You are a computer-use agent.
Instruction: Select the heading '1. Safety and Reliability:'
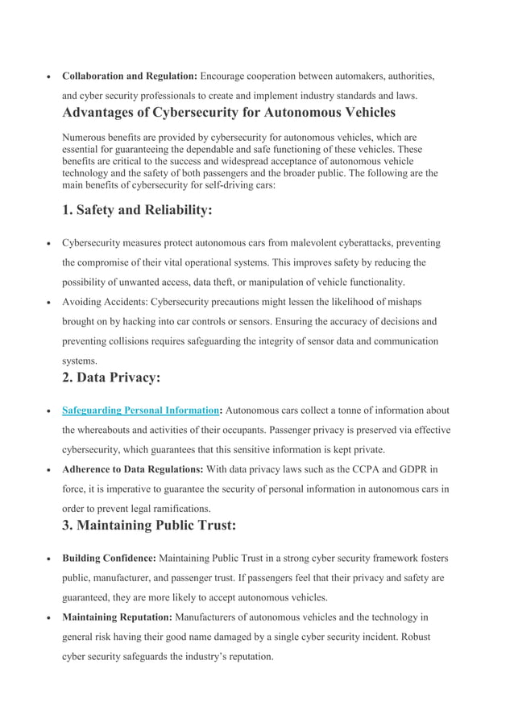(x=138, y=210)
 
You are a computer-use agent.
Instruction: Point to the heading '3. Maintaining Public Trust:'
(x=149, y=526)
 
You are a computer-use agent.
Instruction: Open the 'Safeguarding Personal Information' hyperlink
(x=140, y=410)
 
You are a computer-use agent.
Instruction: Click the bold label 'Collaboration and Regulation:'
(x=129, y=76)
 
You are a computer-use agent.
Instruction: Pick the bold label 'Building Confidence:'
(x=109, y=559)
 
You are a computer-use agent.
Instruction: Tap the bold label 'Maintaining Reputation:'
(x=117, y=617)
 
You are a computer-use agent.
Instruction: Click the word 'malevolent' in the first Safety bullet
(x=298, y=243)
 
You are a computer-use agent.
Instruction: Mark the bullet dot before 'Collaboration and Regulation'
(x=49, y=77)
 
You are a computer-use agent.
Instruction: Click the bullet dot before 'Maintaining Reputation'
(x=49, y=617)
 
